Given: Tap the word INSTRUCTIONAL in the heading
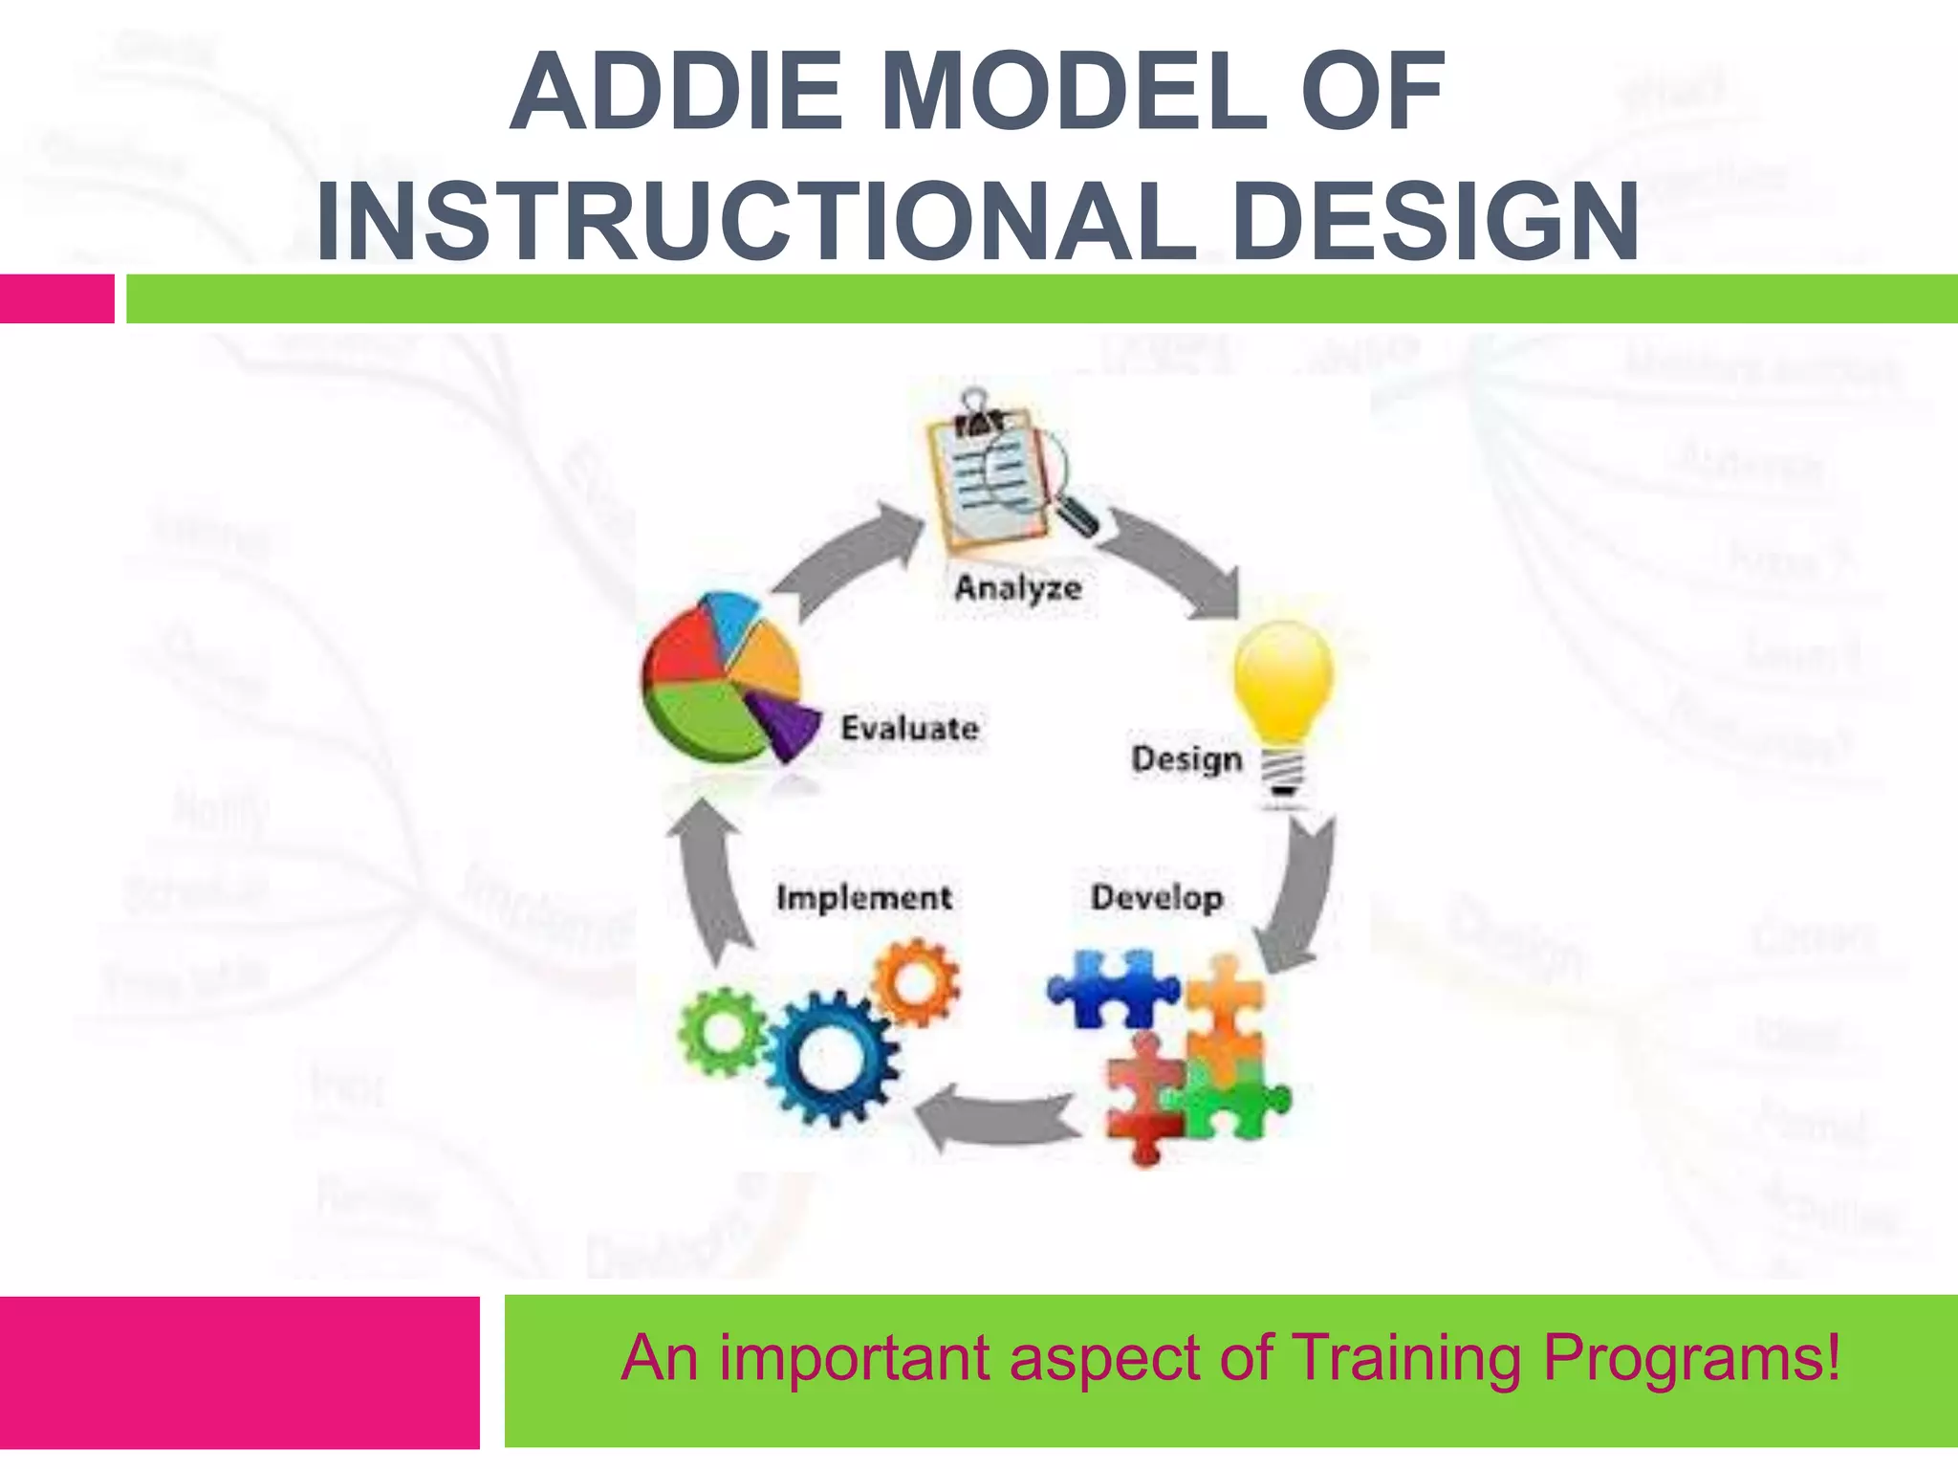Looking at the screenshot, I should pos(756,222).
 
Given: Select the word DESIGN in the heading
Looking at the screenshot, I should pos(1435,222).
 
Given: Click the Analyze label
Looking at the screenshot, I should pos(1018,586).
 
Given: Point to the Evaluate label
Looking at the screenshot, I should pos(909,729).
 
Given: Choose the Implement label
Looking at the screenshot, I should pos(863,898).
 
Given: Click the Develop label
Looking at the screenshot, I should pos(1157,898).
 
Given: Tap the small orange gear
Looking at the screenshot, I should pos(916,982).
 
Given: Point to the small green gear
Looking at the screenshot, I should pos(723,1034).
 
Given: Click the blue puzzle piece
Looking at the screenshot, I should pos(1114,990).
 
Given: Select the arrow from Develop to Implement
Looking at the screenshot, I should pos(999,1119).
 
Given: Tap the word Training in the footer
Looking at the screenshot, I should pos(1404,1359).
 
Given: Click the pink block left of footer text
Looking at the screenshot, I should pos(239,1371).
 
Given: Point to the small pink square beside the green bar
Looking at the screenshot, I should pos(56,298).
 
